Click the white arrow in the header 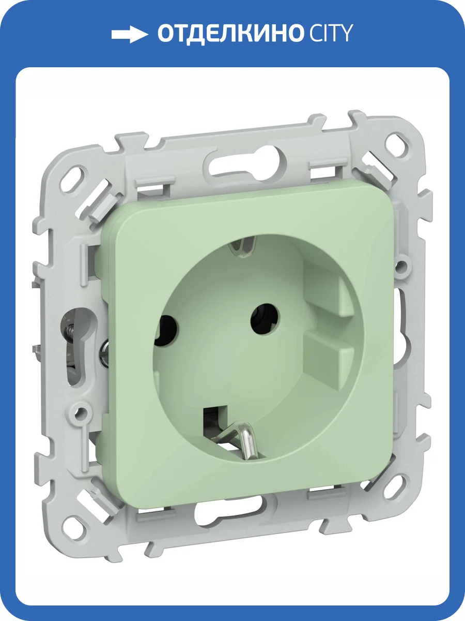(129, 35)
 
